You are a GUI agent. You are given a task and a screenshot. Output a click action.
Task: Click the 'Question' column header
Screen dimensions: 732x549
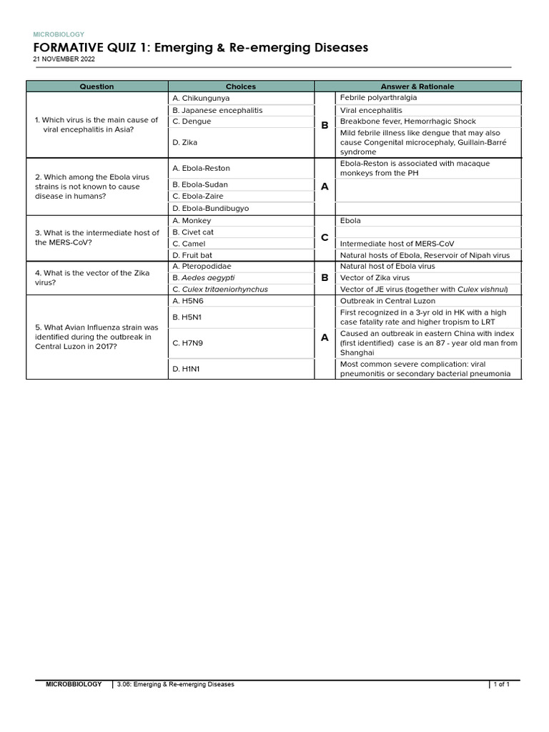click(97, 86)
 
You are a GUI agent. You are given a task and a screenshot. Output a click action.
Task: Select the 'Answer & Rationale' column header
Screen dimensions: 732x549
click(417, 86)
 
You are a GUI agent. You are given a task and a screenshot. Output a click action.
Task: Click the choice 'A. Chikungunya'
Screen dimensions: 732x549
click(201, 98)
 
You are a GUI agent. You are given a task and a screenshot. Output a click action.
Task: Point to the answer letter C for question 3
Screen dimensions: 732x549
click(325, 237)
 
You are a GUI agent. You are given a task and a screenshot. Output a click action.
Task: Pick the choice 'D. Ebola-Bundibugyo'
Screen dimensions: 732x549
click(210, 209)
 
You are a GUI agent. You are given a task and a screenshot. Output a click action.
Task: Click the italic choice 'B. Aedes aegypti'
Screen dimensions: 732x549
click(204, 277)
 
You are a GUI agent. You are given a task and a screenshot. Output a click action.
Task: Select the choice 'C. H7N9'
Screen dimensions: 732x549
click(188, 343)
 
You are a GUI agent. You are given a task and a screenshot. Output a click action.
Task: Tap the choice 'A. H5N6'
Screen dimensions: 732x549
click(188, 301)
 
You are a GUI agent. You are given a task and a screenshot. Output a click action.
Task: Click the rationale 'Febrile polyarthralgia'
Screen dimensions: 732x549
click(378, 97)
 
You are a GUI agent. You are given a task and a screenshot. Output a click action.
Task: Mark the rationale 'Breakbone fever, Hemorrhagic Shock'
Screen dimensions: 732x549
click(407, 122)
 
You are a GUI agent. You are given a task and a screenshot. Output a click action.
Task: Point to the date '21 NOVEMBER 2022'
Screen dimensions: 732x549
click(64, 59)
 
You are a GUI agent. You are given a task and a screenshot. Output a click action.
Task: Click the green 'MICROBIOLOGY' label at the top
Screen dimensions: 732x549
click(59, 34)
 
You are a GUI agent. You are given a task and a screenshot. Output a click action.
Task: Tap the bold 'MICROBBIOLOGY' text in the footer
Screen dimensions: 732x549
click(74, 684)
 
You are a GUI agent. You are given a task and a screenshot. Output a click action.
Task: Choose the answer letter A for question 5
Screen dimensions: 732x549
click(325, 337)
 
